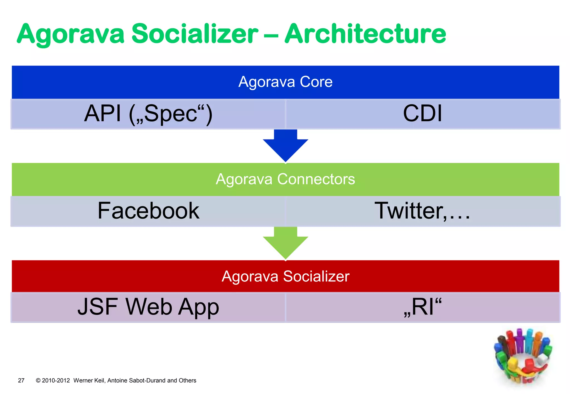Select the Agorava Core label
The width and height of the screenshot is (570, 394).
(285, 82)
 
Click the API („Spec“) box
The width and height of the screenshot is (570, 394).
(148, 114)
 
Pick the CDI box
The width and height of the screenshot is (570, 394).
(422, 114)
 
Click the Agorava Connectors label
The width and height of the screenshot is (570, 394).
(285, 179)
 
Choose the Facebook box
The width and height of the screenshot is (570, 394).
(148, 211)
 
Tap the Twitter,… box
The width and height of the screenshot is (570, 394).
(422, 211)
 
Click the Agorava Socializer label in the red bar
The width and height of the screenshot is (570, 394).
(285, 276)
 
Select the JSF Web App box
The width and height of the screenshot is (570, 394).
(148, 307)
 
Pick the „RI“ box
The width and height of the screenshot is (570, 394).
(422, 307)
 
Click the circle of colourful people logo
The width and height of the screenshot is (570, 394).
(523, 357)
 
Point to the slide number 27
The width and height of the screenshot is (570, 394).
(21, 380)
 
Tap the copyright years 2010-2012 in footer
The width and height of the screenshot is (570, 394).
(56, 380)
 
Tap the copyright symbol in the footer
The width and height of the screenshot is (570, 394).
(38, 380)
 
